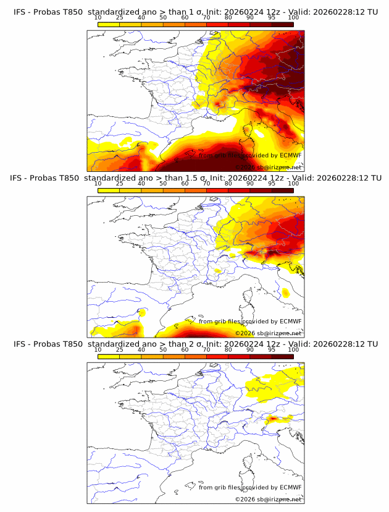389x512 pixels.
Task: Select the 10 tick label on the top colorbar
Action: [x=98, y=18]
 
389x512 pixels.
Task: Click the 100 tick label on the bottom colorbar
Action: [x=293, y=350]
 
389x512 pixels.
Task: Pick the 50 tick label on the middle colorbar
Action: [x=163, y=184]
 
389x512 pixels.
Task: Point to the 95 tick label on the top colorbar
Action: [x=272, y=18]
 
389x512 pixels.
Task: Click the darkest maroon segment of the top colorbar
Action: [x=282, y=23]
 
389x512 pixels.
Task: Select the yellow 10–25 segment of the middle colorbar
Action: [x=109, y=190]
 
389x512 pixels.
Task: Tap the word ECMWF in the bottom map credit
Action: [x=291, y=487]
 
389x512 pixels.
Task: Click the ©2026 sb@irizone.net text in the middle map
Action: [x=269, y=333]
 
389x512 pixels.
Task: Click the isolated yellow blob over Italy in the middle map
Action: [x=285, y=292]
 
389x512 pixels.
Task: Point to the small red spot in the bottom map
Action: [x=272, y=419]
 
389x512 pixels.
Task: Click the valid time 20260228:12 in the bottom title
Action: [x=338, y=344]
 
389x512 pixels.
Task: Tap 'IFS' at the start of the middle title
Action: [x=20, y=178]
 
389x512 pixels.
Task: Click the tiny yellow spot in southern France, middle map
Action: [x=217, y=271]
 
